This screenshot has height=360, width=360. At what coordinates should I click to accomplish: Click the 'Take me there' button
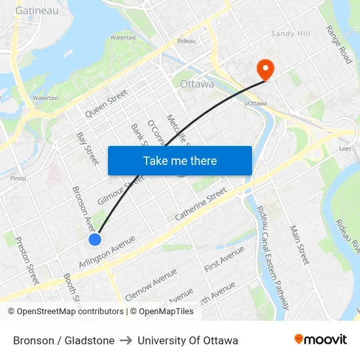click(180, 160)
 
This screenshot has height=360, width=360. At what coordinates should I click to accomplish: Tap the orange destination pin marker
click(266, 69)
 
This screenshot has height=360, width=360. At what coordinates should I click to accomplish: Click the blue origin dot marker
click(95, 240)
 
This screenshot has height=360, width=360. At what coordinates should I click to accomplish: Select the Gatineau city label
click(37, 10)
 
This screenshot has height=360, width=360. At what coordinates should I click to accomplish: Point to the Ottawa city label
click(196, 84)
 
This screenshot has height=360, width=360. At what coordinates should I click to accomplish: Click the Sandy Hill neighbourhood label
click(292, 33)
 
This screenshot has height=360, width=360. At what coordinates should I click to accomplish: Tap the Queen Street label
click(106, 103)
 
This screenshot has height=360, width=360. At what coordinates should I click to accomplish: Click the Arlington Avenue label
click(107, 251)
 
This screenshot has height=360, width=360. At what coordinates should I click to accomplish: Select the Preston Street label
click(27, 260)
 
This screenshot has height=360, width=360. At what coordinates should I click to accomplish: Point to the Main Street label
click(299, 245)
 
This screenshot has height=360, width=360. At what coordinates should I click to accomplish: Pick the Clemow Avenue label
click(151, 285)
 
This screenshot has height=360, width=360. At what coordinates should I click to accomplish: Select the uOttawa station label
click(255, 103)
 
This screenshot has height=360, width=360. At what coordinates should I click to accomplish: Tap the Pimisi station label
click(17, 177)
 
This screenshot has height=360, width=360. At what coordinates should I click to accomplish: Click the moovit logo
click(321, 340)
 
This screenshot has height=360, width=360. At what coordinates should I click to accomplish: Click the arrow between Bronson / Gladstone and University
click(126, 340)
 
